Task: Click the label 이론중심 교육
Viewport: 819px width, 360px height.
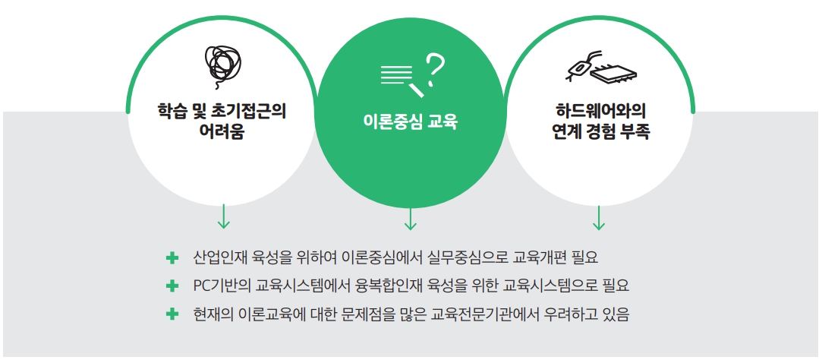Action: pos(410,122)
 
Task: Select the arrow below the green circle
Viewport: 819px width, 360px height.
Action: pos(411,219)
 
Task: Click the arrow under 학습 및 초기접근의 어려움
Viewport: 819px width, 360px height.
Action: pos(223,216)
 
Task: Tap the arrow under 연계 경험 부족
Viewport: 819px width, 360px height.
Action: pos(599,217)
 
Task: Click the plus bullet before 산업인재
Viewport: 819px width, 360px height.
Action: pos(172,257)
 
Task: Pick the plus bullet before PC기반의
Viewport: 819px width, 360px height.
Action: pos(172,286)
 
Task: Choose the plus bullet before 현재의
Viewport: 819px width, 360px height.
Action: pos(172,314)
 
